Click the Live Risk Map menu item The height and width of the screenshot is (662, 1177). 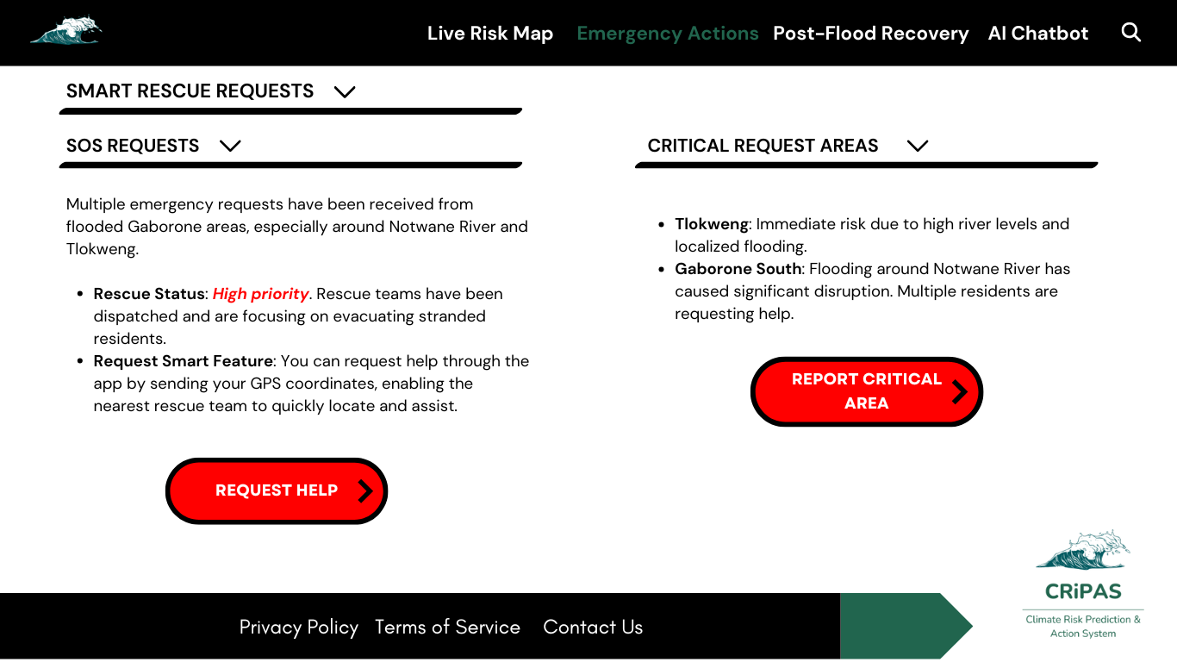pos(489,34)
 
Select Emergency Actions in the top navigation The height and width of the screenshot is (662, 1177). pos(667,34)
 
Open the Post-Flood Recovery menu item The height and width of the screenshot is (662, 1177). pos(870,34)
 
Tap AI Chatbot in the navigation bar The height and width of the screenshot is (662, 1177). pos(1037,34)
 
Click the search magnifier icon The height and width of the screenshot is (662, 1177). pos(1130,33)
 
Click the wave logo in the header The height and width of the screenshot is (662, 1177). pos(66,31)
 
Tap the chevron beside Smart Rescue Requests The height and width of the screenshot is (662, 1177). pos(345,91)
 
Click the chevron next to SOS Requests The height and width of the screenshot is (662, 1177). pos(230,146)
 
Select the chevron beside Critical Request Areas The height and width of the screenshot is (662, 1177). pos(918,146)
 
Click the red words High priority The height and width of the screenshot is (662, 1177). pos(260,294)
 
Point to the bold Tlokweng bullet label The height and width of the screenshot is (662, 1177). pos(711,224)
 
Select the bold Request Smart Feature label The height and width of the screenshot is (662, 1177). pos(183,361)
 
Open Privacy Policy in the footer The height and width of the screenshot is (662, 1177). pos(298,628)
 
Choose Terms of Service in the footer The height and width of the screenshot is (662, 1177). pos(447,628)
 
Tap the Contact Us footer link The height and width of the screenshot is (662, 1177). pos(593,628)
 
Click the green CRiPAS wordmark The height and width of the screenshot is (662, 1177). pos(1082,591)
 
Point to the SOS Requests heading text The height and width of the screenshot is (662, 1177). pos(133,146)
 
